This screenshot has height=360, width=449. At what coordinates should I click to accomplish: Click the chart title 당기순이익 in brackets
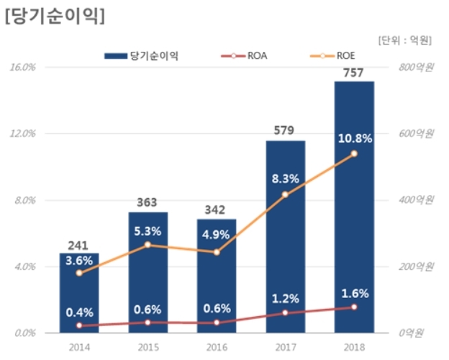(54, 17)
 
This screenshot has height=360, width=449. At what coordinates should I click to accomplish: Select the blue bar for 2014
(79, 302)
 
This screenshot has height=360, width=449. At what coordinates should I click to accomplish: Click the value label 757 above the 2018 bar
(354, 72)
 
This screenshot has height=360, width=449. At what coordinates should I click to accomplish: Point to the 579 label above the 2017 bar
(286, 131)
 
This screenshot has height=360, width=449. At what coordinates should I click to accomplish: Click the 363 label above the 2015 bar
(148, 203)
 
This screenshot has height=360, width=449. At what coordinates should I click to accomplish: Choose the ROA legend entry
(248, 55)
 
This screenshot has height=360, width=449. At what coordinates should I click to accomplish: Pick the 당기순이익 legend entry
(142, 55)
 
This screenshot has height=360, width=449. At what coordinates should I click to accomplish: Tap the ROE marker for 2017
(286, 194)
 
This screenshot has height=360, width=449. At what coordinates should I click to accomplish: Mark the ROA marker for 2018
(354, 307)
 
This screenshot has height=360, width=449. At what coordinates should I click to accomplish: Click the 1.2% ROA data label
(286, 297)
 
